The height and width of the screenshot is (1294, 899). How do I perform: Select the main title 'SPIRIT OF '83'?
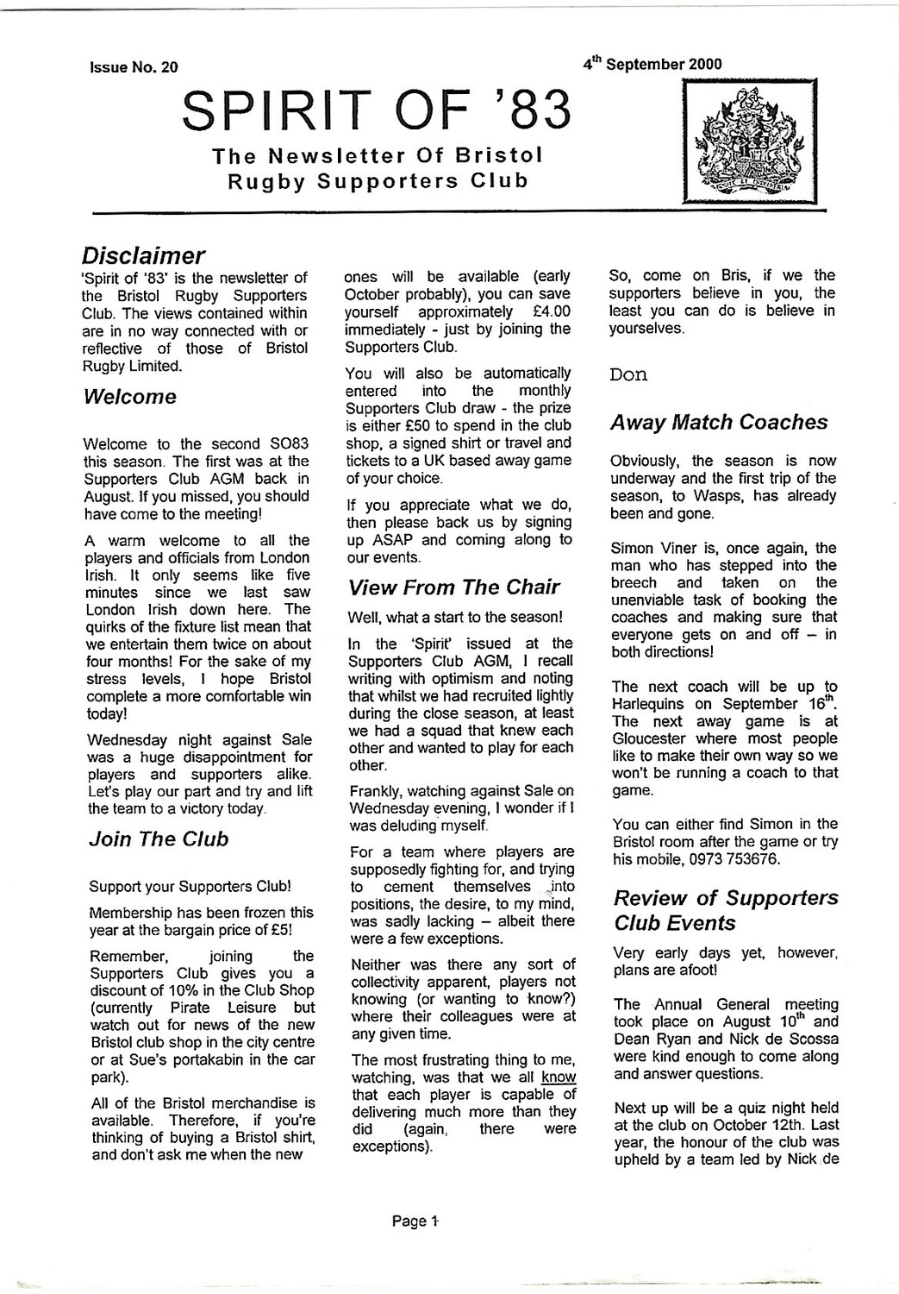pos(378,111)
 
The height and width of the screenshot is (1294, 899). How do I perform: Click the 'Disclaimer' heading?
pos(143,255)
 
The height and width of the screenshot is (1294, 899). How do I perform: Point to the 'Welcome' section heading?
pos(130,397)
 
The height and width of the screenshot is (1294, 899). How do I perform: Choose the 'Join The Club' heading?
pos(159,839)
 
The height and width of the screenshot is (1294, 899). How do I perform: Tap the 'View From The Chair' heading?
pos(453,587)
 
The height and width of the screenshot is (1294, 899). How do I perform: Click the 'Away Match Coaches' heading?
pos(718,422)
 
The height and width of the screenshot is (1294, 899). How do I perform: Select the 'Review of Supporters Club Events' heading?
pos(725,910)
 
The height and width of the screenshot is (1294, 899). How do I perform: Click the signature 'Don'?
pos(627,374)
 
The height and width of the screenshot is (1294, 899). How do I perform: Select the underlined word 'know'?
pos(559,1077)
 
